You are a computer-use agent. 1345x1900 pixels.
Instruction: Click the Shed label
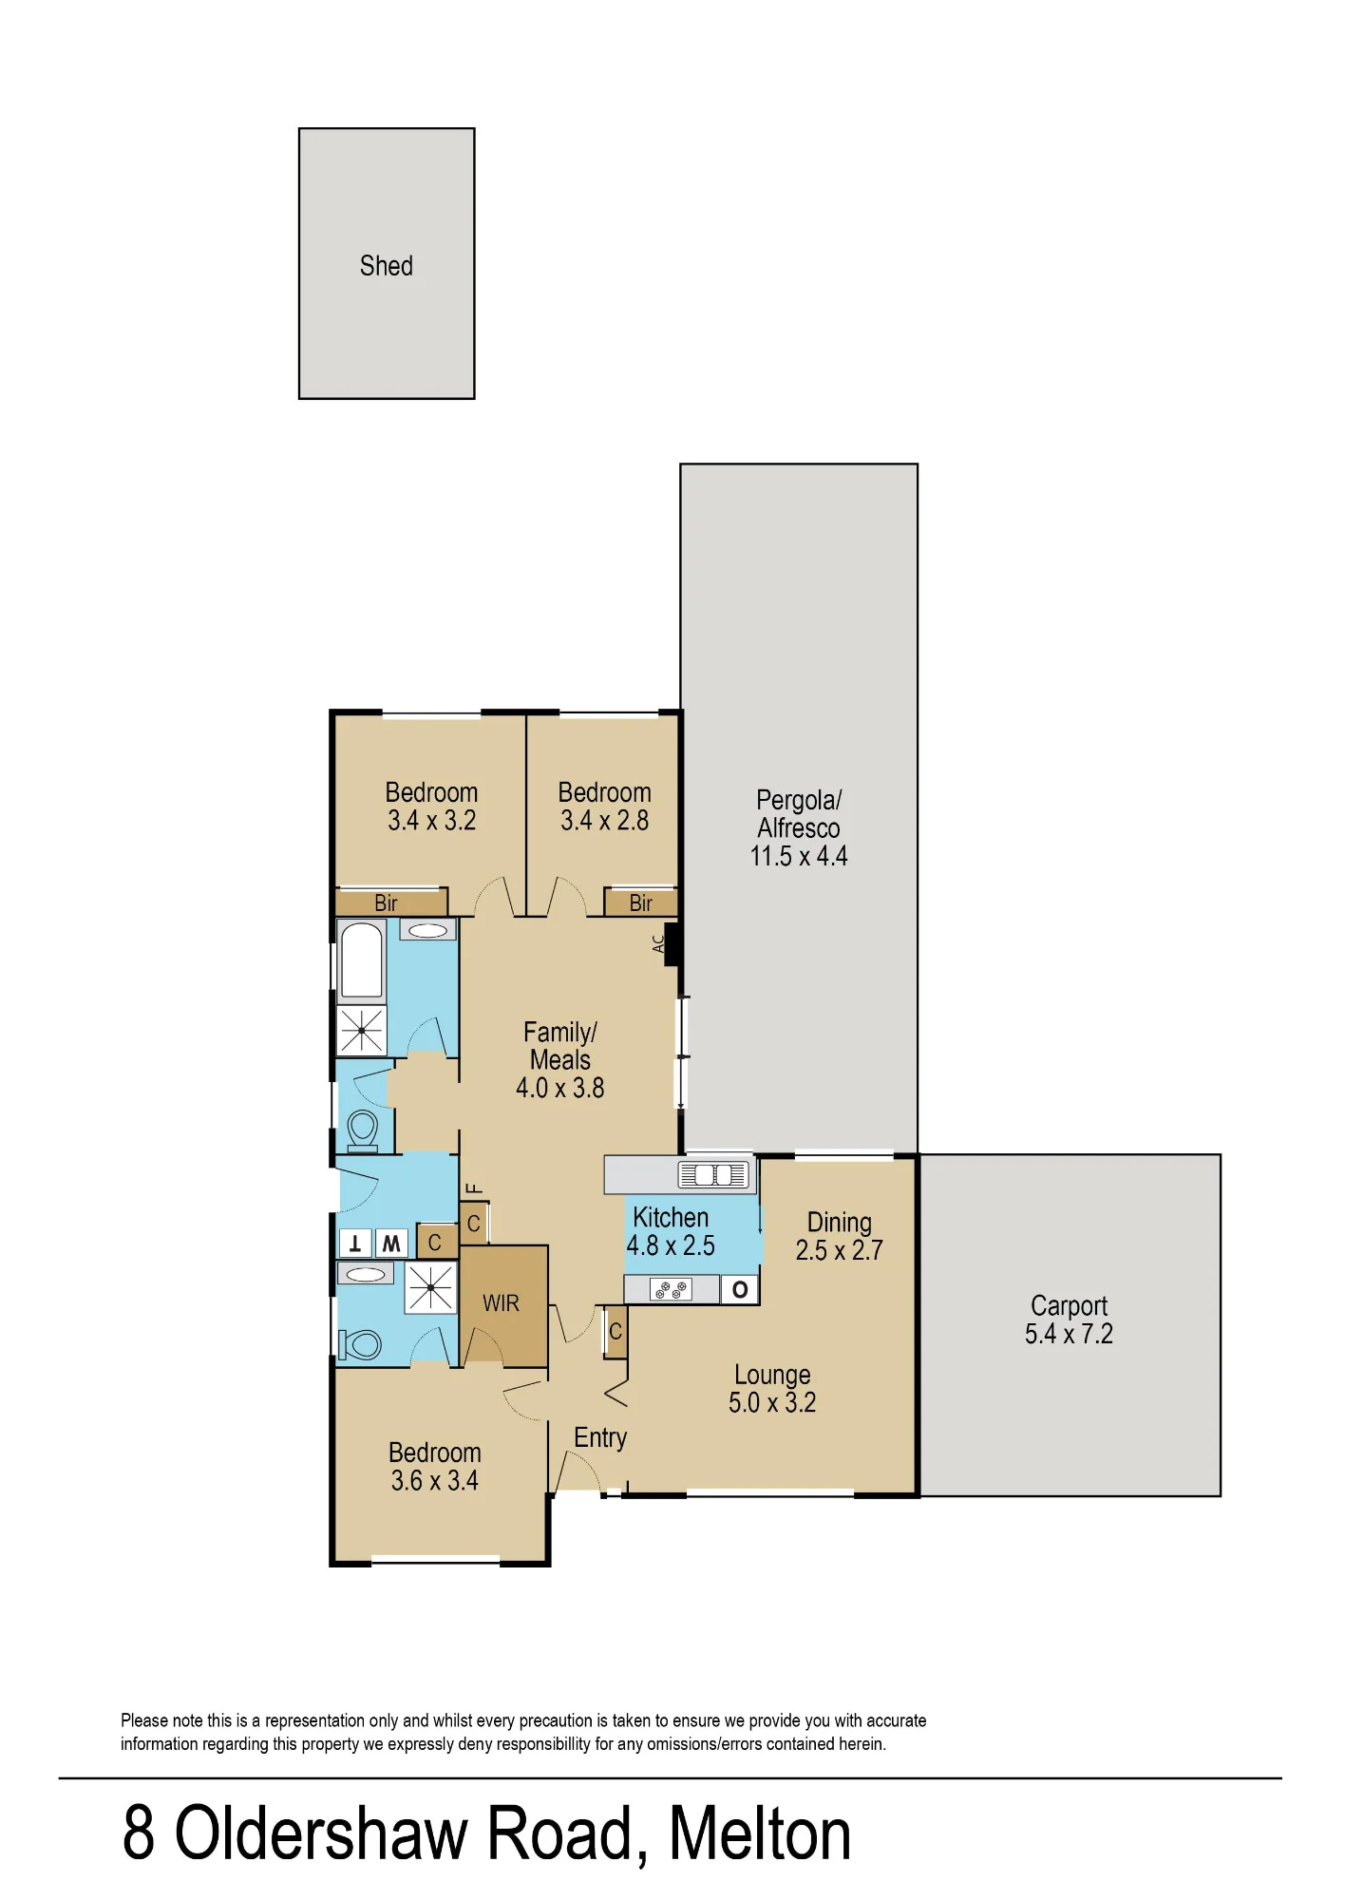(x=386, y=266)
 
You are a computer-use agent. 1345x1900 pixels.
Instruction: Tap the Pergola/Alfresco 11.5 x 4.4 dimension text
(x=799, y=857)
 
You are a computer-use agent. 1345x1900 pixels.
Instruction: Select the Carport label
(x=1069, y=1307)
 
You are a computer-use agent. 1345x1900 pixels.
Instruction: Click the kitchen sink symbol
(x=712, y=1175)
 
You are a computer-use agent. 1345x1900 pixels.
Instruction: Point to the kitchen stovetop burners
(x=671, y=1289)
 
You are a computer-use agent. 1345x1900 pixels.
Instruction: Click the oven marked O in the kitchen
(x=740, y=1289)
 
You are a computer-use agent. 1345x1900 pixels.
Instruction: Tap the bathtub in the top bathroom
(x=362, y=960)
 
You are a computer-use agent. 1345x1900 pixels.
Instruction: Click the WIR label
(x=501, y=1303)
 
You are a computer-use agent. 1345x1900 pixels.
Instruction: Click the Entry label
(x=600, y=1438)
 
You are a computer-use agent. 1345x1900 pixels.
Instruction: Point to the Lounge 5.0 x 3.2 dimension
(x=772, y=1403)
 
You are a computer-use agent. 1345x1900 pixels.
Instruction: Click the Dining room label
(x=840, y=1224)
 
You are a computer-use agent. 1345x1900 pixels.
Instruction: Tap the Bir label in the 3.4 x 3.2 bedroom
(x=386, y=903)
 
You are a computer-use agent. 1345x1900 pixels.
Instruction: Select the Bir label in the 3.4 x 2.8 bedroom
(x=641, y=903)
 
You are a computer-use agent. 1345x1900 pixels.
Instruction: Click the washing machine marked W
(x=391, y=1244)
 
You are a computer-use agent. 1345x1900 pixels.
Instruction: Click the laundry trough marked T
(x=355, y=1244)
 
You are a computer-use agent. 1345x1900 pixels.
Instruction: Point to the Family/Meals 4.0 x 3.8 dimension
(x=560, y=1089)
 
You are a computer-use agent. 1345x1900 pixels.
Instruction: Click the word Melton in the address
(x=760, y=1833)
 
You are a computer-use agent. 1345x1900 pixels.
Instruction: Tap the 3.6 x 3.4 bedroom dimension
(x=435, y=1481)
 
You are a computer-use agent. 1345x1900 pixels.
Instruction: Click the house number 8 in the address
(x=139, y=1833)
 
